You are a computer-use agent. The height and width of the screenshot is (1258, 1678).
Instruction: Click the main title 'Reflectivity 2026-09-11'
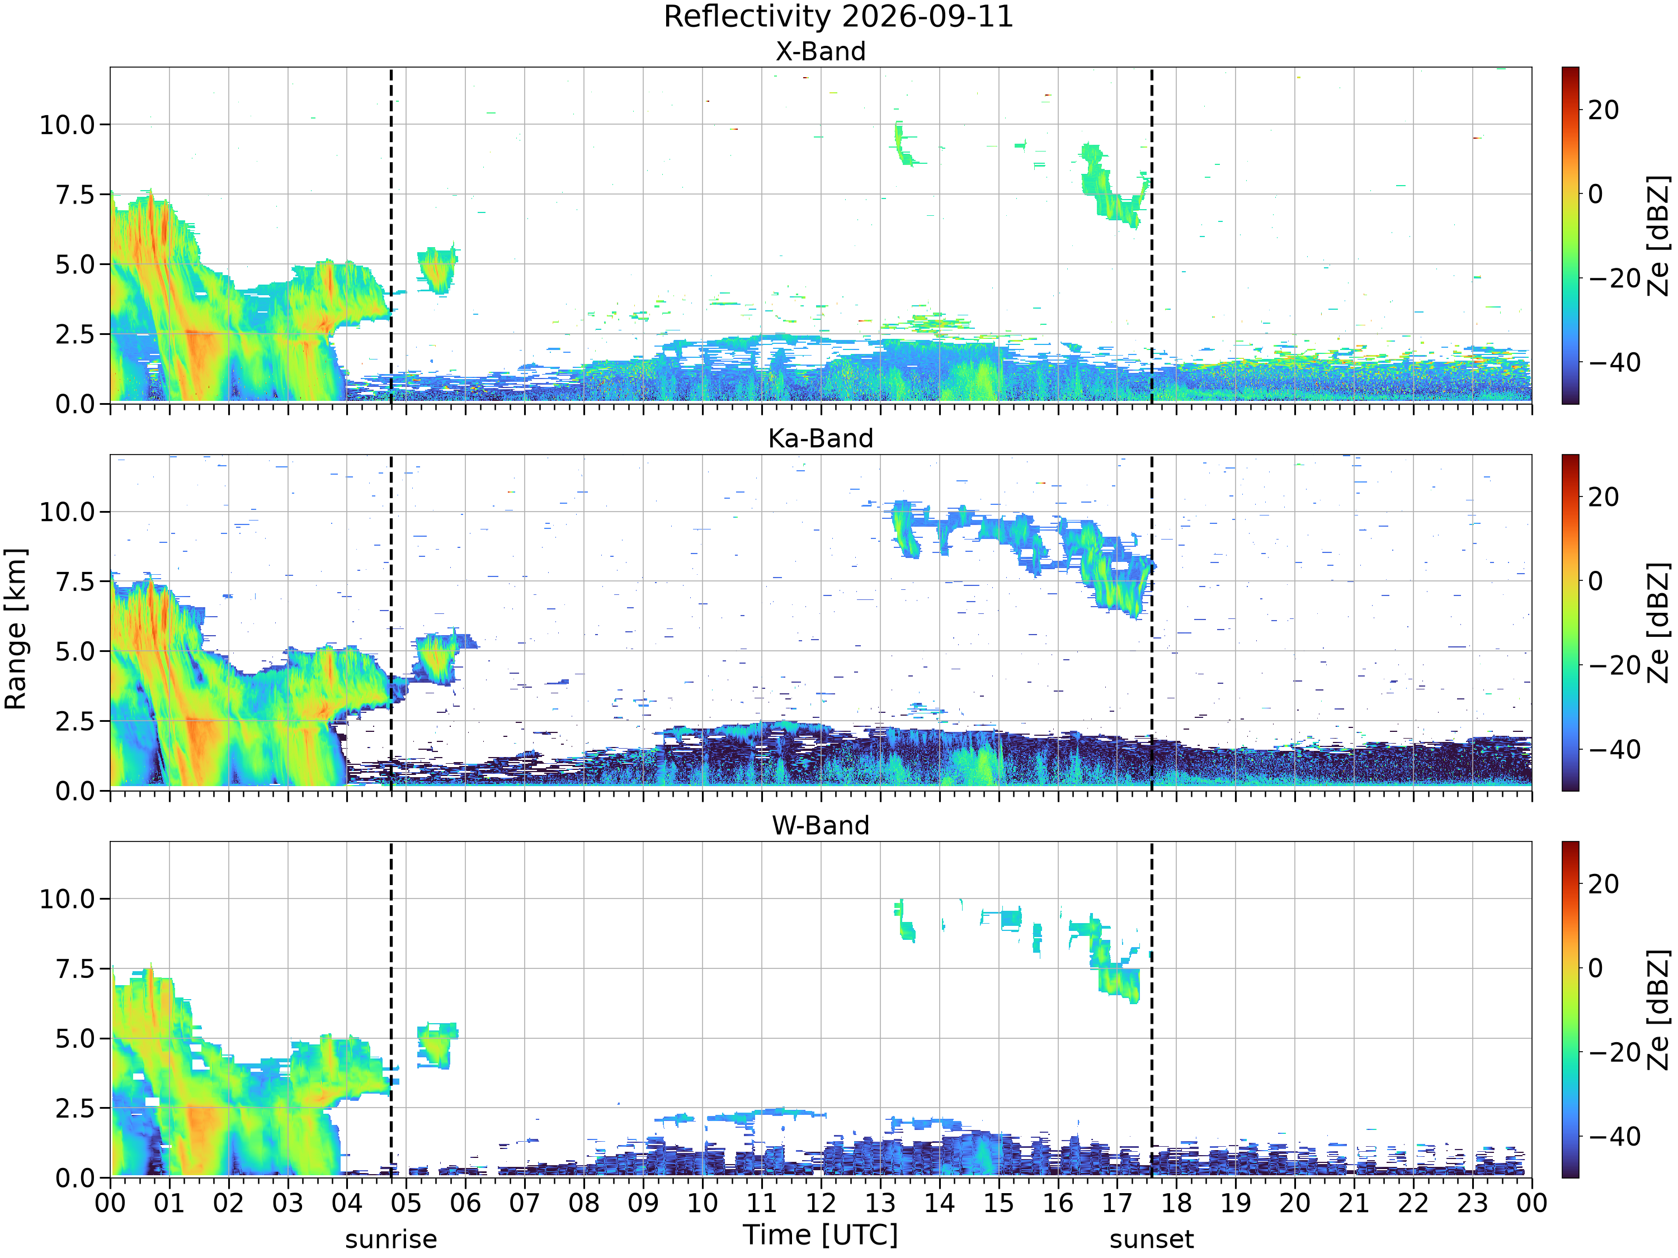coord(838,17)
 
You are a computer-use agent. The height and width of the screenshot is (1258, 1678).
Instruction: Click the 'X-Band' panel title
coord(820,51)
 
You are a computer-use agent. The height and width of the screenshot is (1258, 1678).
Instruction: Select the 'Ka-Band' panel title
coord(820,438)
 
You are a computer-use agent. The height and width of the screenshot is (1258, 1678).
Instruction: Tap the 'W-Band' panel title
coord(820,825)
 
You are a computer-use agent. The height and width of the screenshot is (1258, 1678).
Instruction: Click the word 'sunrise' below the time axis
coord(390,1239)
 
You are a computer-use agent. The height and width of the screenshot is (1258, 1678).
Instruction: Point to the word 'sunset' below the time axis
coord(1151,1239)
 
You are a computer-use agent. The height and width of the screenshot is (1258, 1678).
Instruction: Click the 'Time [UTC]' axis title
coord(820,1235)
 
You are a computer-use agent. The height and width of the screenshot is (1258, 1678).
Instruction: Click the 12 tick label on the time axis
coord(821,1203)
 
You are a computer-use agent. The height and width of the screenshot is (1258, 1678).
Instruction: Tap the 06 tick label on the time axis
coord(465,1203)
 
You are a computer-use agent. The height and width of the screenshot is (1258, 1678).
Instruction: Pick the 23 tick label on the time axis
coord(1472,1203)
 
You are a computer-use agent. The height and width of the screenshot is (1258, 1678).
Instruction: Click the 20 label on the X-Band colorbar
coord(1604,110)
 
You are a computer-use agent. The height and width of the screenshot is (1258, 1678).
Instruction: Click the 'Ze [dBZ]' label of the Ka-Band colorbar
coord(1659,622)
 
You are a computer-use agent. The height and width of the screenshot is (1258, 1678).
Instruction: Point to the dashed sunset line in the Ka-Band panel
coord(1152,622)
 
